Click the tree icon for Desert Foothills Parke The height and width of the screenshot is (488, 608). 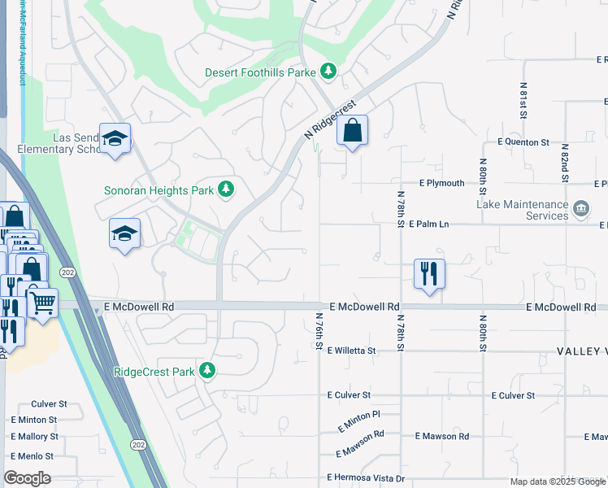pyautogui.click(x=328, y=72)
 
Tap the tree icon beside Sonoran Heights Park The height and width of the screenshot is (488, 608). pyautogui.click(x=226, y=190)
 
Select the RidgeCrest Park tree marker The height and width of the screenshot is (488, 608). pyautogui.click(x=207, y=371)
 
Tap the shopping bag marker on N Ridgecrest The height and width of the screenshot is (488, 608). pyautogui.click(x=352, y=132)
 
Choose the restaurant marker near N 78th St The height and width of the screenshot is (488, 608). pyautogui.click(x=429, y=274)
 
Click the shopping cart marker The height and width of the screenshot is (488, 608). pyautogui.click(x=43, y=303)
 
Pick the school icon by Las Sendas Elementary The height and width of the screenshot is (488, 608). pyautogui.click(x=115, y=139)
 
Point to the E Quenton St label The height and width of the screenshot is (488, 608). pyautogui.click(x=520, y=142)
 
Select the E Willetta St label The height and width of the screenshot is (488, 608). pyautogui.click(x=351, y=351)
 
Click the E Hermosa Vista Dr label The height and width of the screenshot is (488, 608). pyautogui.click(x=365, y=477)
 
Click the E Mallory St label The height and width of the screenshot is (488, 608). pyautogui.click(x=33, y=437)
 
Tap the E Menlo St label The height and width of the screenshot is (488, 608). pyautogui.click(x=32, y=456)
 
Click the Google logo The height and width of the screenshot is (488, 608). pyautogui.click(x=28, y=478)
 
